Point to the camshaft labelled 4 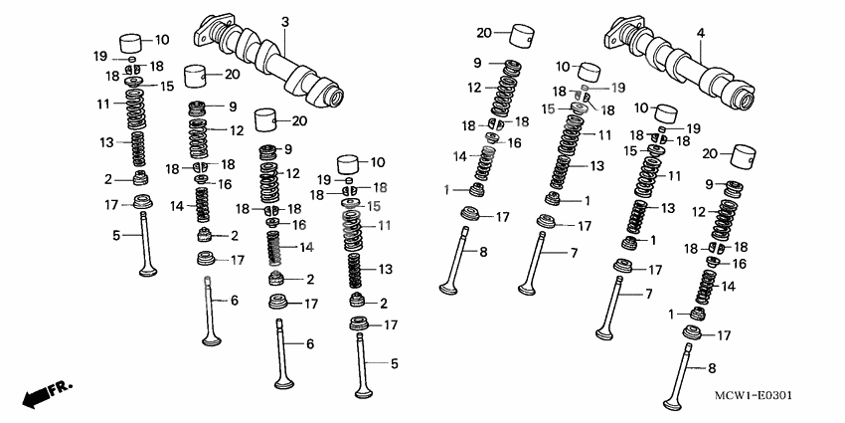point(686,70)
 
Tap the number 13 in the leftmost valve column point(106,143)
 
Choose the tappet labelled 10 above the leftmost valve point(133,44)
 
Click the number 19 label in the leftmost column point(100,55)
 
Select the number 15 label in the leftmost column point(167,87)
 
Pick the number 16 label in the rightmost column point(739,264)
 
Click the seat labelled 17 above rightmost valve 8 point(694,335)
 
